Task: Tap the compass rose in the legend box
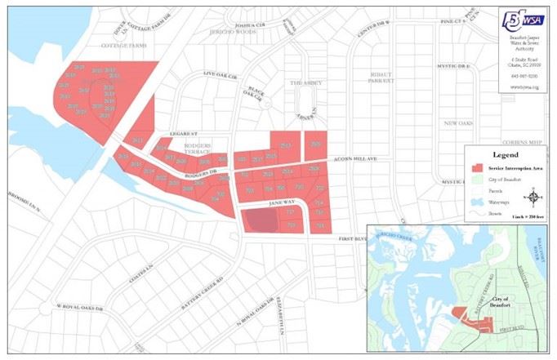point(535,195)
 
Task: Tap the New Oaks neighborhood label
point(458,123)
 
